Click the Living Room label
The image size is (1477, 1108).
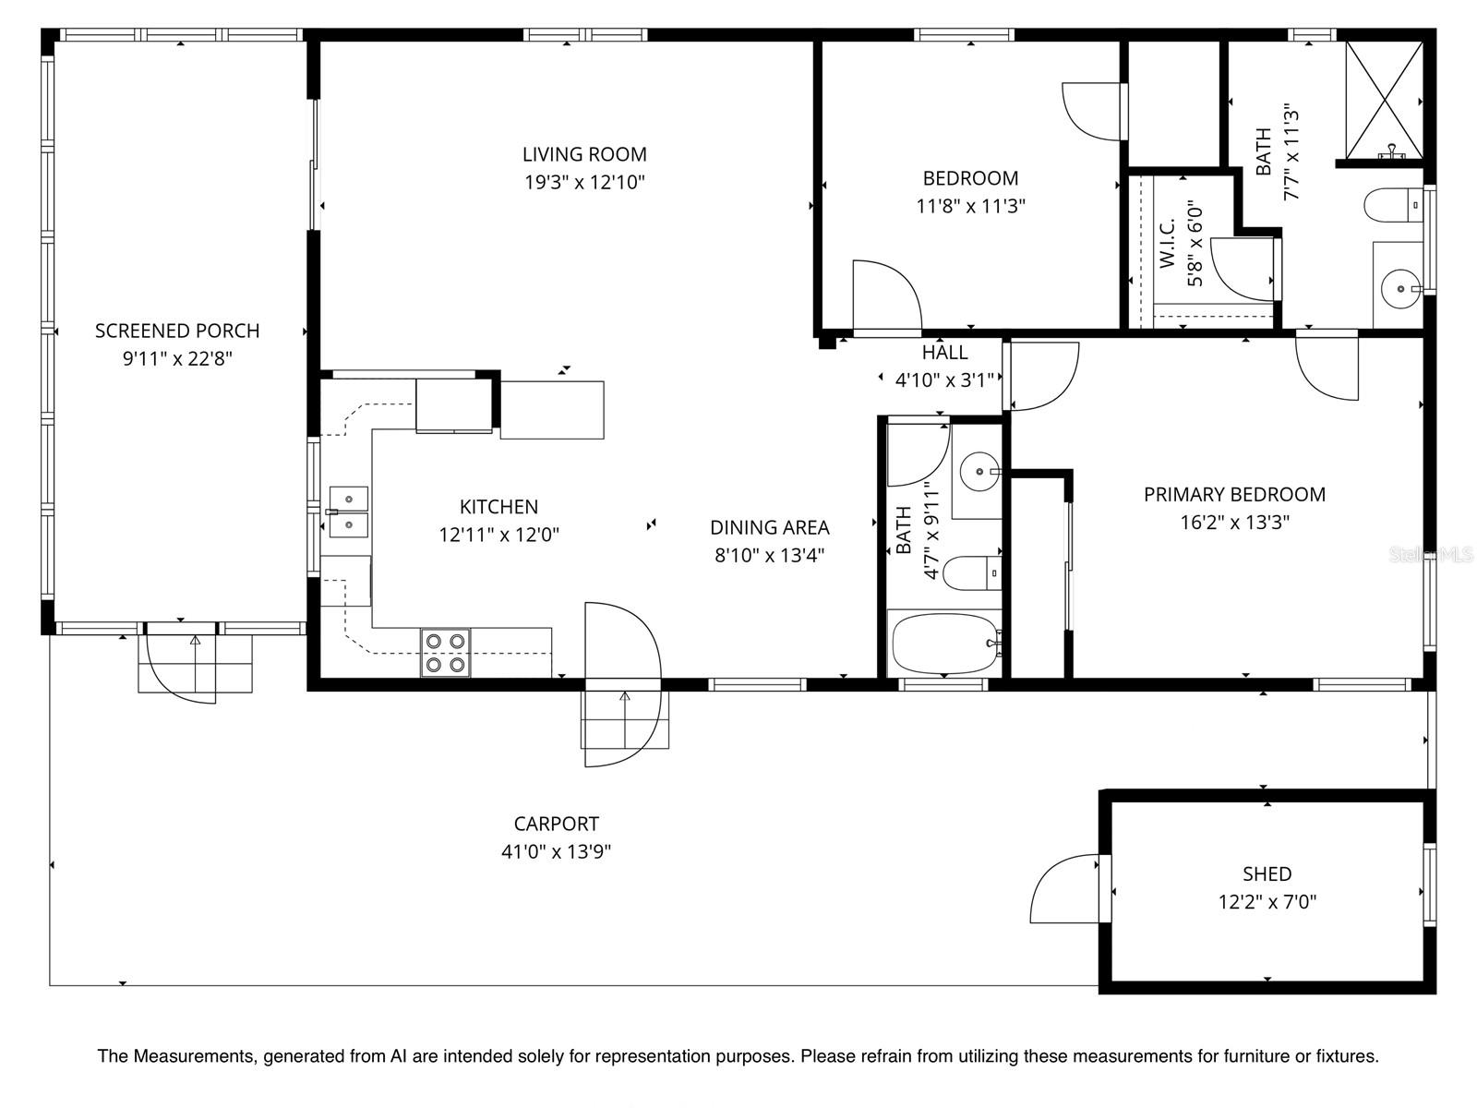[x=584, y=154]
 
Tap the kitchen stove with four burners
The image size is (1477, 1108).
[x=445, y=653]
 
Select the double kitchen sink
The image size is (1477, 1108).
[x=349, y=512]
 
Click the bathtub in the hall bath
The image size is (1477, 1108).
[x=943, y=644]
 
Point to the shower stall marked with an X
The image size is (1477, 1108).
[x=1384, y=100]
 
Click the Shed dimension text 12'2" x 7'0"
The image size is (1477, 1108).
[x=1267, y=902]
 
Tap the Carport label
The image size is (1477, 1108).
[x=556, y=824]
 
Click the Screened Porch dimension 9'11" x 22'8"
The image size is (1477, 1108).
[x=177, y=358]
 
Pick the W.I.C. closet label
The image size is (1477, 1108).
[x=1167, y=243]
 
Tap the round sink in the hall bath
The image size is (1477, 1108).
[x=979, y=473]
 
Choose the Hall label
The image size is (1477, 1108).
[x=944, y=352]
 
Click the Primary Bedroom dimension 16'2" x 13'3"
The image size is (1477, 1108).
[x=1234, y=523]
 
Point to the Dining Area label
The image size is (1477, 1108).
[x=769, y=527]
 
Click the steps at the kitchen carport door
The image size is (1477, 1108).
[x=624, y=720]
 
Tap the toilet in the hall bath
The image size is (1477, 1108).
[x=971, y=572]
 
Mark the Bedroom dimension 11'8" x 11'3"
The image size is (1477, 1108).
[x=970, y=206]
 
